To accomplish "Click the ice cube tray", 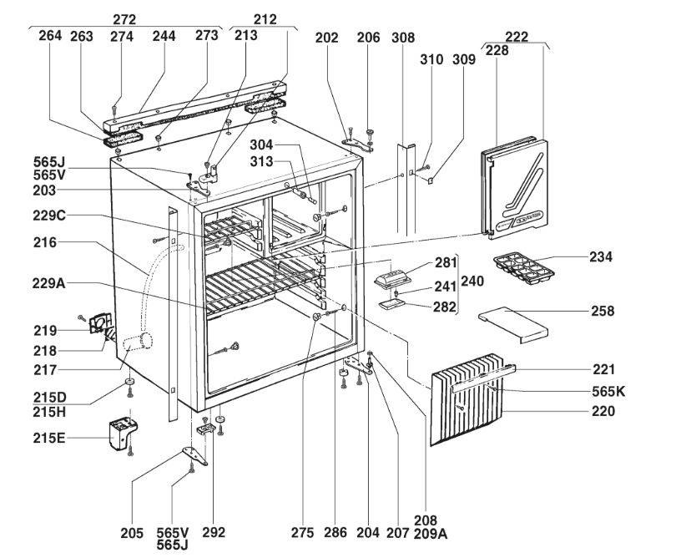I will tap(523, 268).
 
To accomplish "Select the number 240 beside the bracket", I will tap(472, 282).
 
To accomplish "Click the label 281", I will tap(445, 265).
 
